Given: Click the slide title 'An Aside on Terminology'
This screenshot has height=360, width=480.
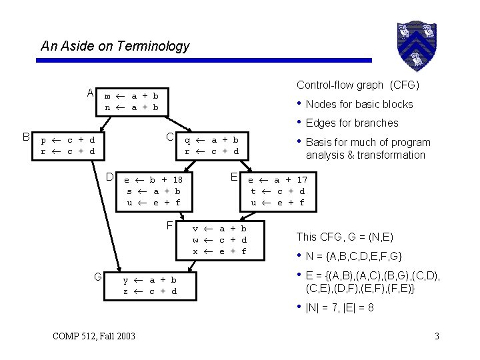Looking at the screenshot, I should (115, 46).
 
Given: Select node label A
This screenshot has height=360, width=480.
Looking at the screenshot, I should (90, 93).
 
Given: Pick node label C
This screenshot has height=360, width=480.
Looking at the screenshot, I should (170, 137).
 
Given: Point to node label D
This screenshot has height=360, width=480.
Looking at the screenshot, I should (109, 177).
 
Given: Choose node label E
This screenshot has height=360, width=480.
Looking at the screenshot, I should (234, 177).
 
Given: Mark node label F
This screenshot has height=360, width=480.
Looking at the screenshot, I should (170, 225).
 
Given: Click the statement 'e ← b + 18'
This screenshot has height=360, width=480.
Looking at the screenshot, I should (154, 179).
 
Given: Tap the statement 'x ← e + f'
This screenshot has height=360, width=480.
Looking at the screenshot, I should (220, 251).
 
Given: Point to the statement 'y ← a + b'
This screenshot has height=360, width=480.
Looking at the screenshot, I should (150, 280).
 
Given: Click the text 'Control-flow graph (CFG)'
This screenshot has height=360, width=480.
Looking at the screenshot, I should (357, 85).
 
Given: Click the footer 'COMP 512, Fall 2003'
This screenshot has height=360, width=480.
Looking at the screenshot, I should (94, 335).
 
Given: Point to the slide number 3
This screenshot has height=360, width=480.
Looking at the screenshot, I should (436, 335).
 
